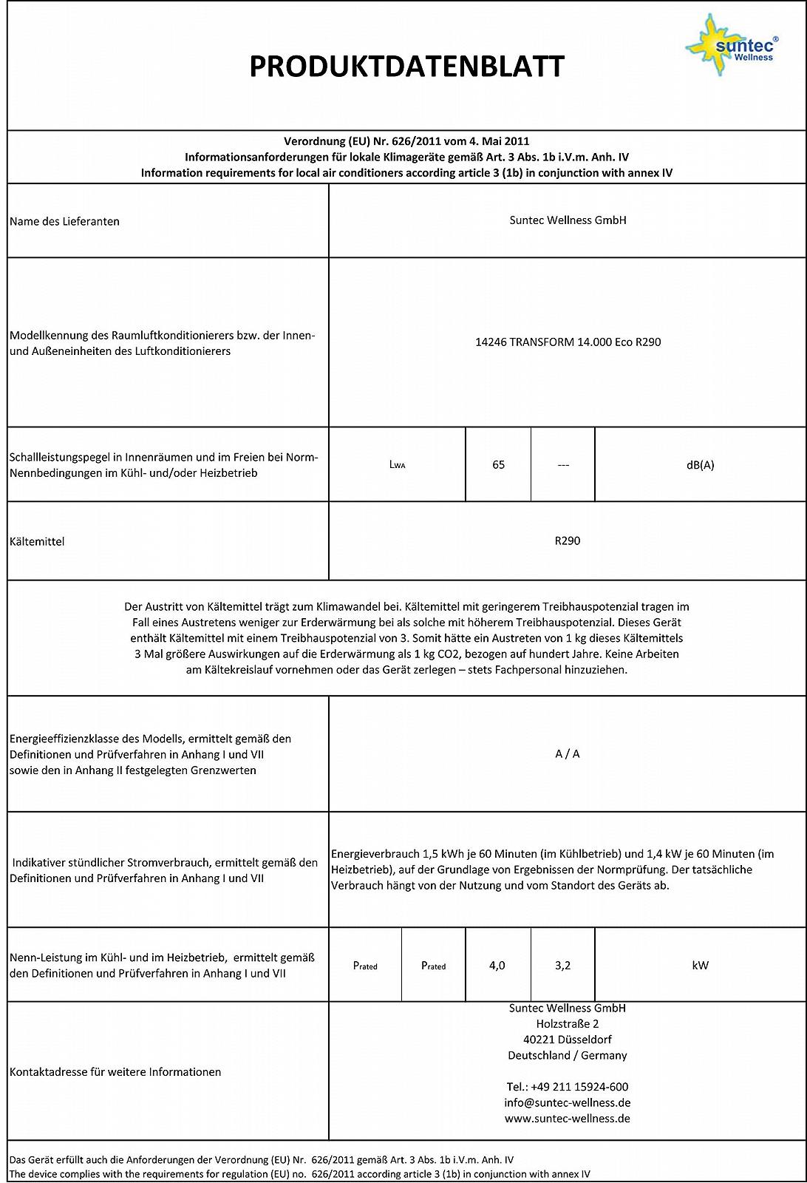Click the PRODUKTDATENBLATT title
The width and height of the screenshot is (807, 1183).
click(406, 67)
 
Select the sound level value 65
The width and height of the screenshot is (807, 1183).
click(498, 464)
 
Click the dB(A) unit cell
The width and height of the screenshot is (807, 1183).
click(700, 465)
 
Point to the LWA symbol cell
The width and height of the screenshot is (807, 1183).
click(397, 465)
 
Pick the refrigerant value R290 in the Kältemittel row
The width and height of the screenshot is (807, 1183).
click(567, 540)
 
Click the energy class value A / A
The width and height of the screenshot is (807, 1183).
click(567, 753)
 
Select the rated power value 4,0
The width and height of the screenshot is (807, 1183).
click(497, 965)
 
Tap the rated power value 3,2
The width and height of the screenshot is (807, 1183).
click(562, 965)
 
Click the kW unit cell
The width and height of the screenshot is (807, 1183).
click(700, 965)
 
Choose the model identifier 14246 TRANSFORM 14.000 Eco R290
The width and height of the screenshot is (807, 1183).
click(568, 342)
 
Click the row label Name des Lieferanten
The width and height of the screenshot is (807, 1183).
click(65, 221)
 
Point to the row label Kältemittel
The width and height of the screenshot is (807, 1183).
click(37, 541)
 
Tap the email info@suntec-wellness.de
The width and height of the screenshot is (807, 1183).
click(567, 1102)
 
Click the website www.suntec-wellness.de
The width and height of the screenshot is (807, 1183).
click(567, 1119)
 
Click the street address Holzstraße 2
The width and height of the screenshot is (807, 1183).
click(567, 1024)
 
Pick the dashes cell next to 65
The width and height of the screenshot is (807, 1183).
click(562, 465)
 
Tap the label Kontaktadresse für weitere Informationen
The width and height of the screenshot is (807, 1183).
click(115, 1071)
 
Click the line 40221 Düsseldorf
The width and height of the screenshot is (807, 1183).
click(567, 1040)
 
